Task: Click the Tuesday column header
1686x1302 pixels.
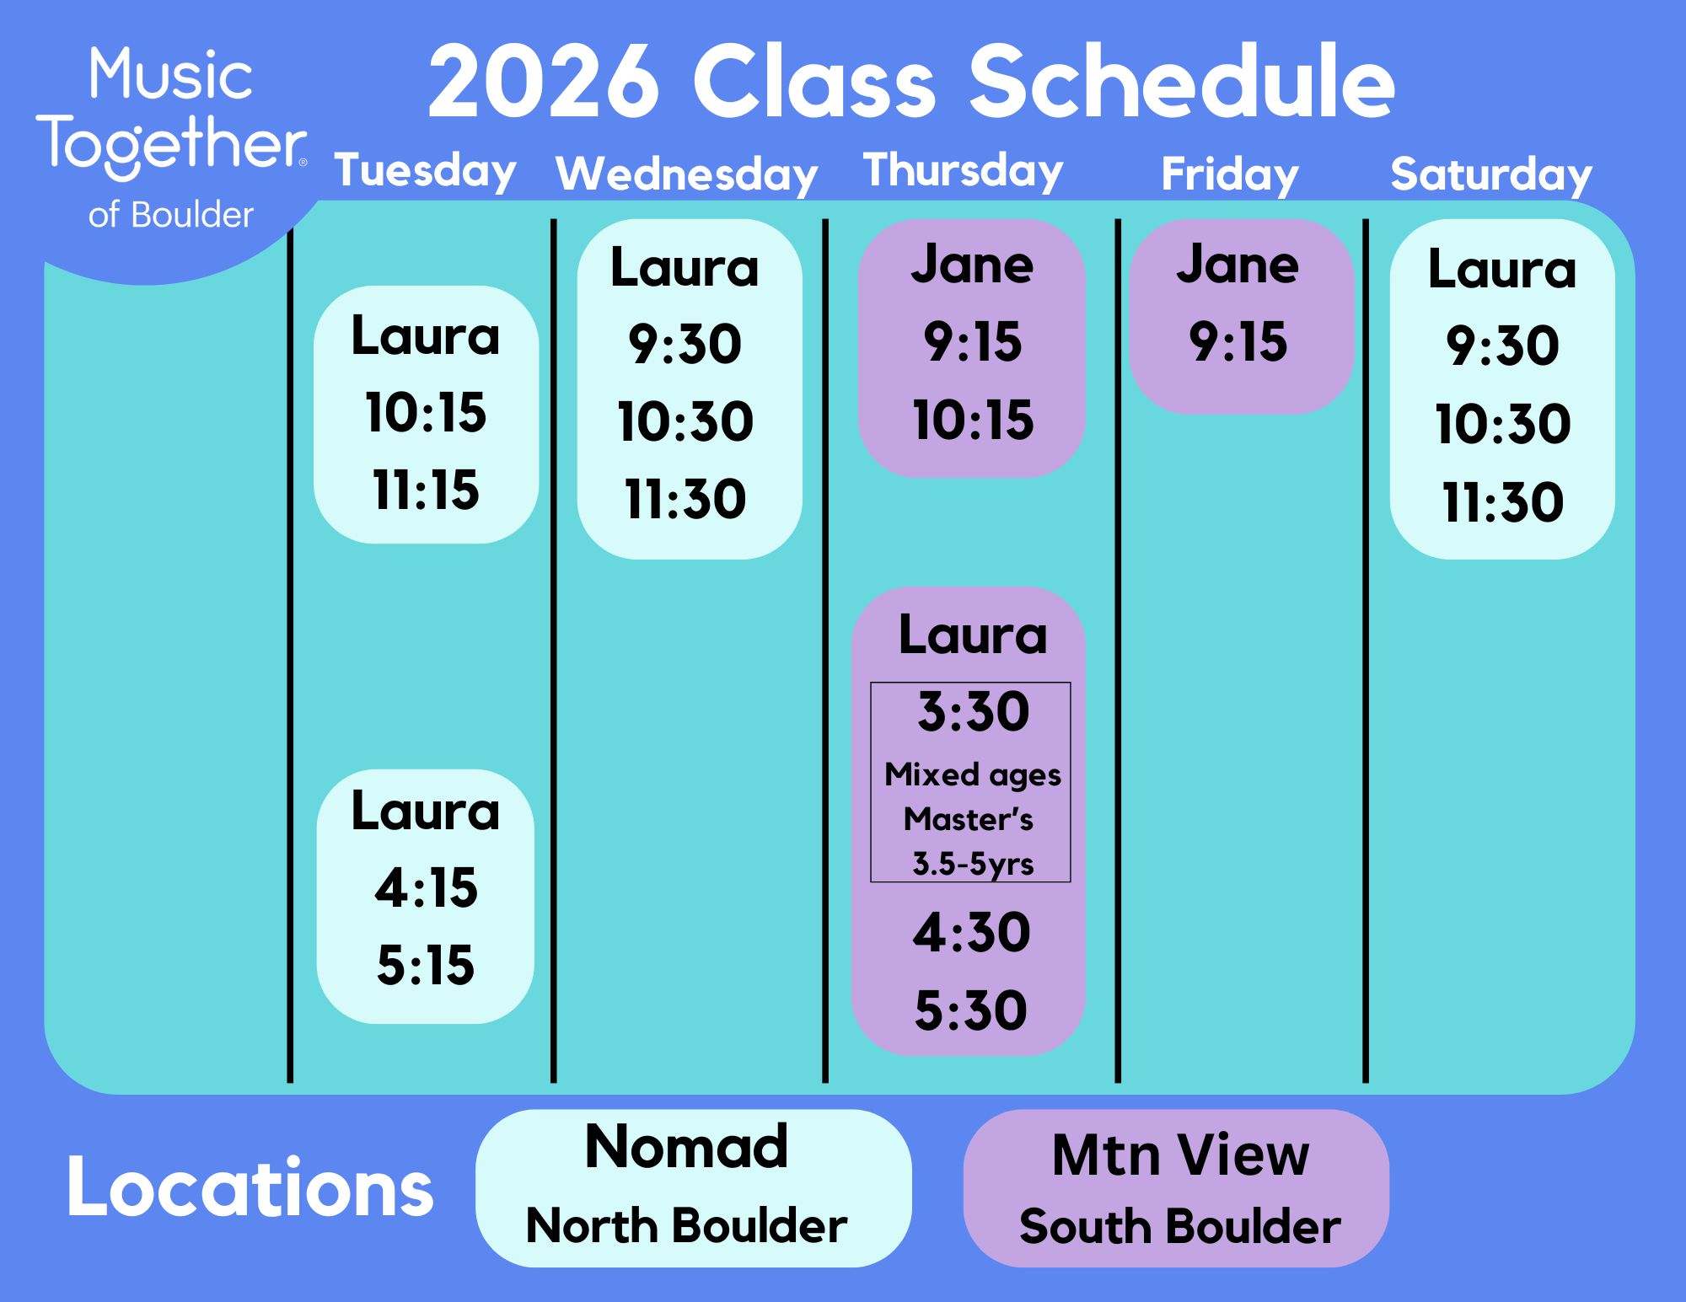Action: (426, 172)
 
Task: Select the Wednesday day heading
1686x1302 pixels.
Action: (687, 174)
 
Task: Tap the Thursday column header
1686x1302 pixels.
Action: (964, 171)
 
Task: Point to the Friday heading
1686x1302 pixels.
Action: (1230, 175)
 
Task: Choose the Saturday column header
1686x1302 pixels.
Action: (1491, 174)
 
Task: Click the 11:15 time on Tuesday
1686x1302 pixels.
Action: (426, 490)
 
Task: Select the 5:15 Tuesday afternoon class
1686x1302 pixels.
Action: (426, 965)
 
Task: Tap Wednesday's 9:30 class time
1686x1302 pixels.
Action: (685, 344)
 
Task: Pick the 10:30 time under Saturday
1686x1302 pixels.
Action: (1503, 423)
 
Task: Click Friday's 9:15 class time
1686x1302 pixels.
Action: (1238, 342)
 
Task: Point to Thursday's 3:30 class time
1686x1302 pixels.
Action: (974, 711)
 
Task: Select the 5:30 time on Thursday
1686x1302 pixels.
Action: (971, 1010)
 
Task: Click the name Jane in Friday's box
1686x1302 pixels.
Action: (1238, 265)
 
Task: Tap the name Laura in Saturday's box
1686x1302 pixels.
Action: (1502, 270)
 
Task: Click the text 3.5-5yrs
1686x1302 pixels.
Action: (973, 864)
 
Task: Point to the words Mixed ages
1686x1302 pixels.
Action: (973, 775)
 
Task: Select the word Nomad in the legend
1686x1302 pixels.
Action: (687, 1147)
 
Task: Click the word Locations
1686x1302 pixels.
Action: (250, 1188)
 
